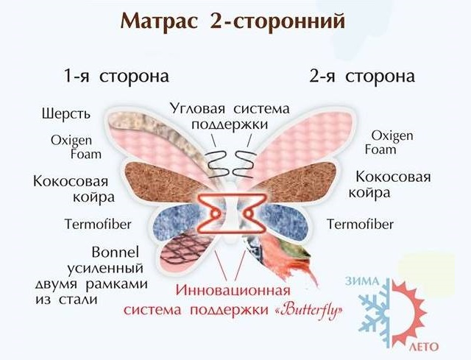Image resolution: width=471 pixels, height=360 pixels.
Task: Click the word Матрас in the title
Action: point(159,21)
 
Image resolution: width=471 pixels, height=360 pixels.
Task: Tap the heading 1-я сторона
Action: point(116,77)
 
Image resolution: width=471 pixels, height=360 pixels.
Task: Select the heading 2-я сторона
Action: point(362,77)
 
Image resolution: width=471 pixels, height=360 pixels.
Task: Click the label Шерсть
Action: point(66,114)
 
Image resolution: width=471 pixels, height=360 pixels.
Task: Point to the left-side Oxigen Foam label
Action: point(76,147)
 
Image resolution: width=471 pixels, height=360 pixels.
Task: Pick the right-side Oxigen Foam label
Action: point(389,142)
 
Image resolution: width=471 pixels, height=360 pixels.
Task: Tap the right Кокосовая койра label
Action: point(389,185)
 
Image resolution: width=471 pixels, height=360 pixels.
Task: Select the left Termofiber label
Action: point(98,225)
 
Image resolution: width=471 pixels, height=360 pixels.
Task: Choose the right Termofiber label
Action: point(360,225)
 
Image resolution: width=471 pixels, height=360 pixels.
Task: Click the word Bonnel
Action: point(116,252)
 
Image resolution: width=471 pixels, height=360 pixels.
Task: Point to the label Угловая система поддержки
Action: point(230,116)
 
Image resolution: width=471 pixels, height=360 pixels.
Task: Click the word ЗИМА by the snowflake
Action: point(361,281)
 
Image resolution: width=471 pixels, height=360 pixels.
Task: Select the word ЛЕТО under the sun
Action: point(424,347)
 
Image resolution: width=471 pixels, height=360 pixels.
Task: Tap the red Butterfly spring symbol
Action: point(231,213)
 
